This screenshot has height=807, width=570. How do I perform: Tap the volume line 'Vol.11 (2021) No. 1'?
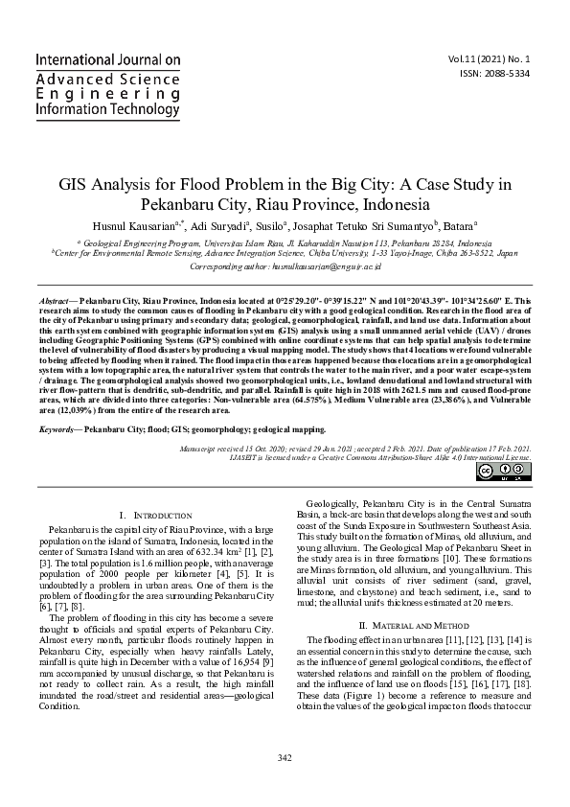502,58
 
